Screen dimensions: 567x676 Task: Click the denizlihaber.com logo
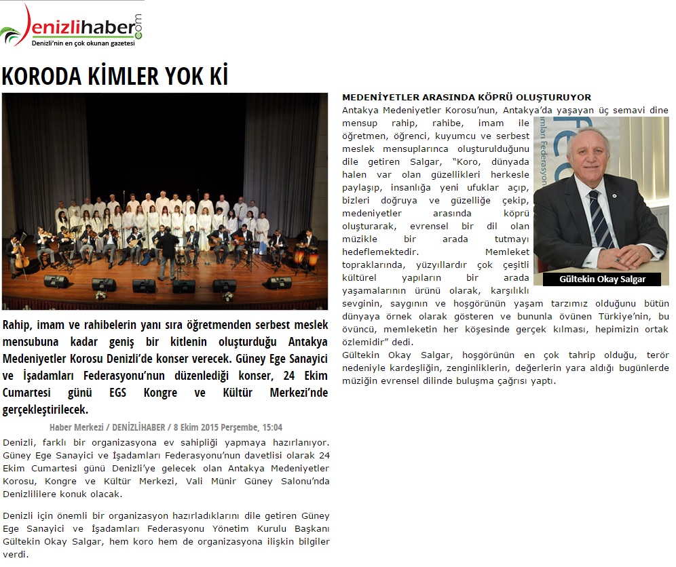pos(71,26)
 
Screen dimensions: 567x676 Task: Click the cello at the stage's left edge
pos(20,256)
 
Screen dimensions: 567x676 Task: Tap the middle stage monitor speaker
pos(144,285)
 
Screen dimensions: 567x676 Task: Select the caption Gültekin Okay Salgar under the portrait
pos(602,279)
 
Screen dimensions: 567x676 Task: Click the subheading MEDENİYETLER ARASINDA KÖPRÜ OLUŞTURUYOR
pos(466,98)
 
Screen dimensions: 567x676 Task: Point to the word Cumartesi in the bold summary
pos(27,393)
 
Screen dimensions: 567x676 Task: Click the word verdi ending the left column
pos(16,553)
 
